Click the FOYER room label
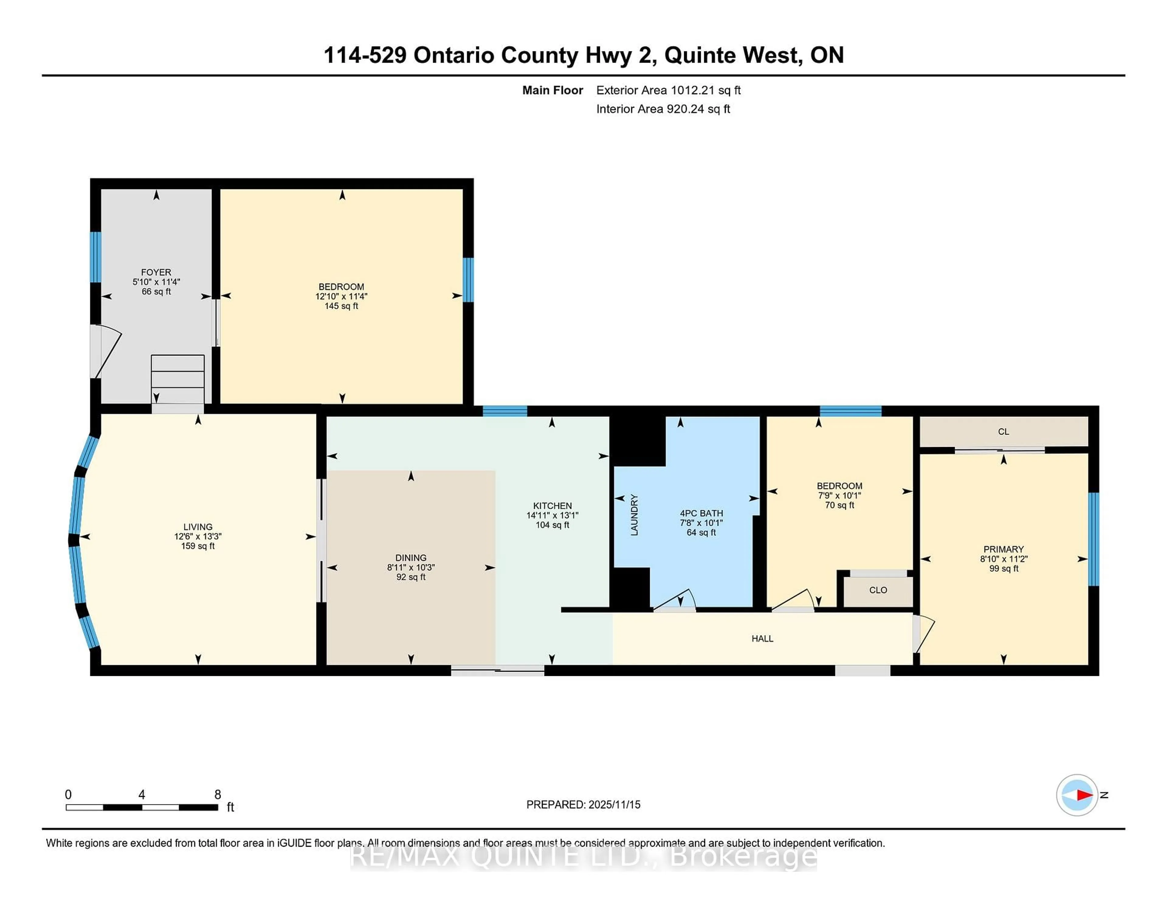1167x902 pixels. [156, 272]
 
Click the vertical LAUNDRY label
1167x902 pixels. [634, 515]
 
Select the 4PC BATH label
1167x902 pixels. [701, 513]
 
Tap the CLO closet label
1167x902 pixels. [878, 590]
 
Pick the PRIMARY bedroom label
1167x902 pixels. [1003, 549]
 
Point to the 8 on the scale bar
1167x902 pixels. [218, 795]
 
